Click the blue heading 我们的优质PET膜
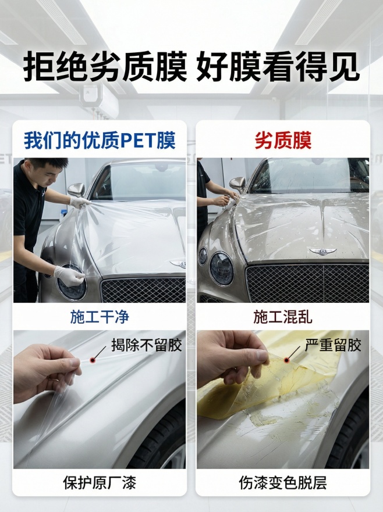click(100, 141)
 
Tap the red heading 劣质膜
click(283, 141)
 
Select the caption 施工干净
click(100, 317)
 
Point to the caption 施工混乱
click(283, 317)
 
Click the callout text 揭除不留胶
click(146, 345)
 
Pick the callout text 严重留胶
click(333, 345)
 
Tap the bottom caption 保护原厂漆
click(100, 482)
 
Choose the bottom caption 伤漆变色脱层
click(283, 482)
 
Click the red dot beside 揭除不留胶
click(92, 361)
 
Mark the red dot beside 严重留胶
click(286, 360)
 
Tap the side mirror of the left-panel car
click(76, 190)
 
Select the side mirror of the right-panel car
click(237, 184)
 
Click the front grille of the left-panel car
click(143, 289)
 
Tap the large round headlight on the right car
click(221, 268)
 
